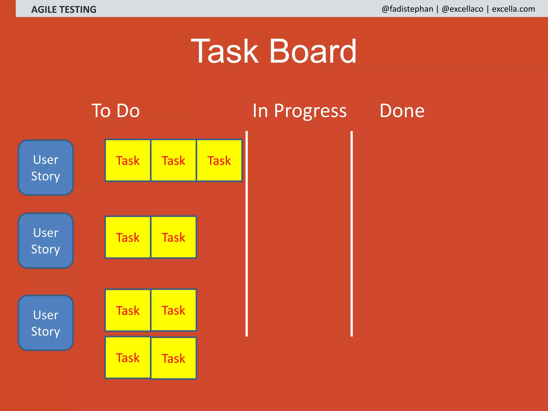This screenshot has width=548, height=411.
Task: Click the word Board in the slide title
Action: (x=313, y=51)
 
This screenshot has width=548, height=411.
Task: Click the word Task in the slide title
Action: (x=225, y=51)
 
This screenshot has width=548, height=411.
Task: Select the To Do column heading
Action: (x=116, y=111)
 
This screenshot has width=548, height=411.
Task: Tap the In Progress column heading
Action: (x=299, y=111)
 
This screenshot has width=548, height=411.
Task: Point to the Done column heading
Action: (x=402, y=111)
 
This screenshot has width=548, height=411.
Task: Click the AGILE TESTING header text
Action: (x=64, y=10)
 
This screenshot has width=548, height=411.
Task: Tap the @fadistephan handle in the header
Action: (x=407, y=9)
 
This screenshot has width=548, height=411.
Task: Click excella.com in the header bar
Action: (x=513, y=9)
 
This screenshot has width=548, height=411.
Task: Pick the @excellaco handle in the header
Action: (x=462, y=9)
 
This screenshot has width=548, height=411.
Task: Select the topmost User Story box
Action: (x=46, y=168)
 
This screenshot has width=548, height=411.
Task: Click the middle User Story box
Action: (x=46, y=241)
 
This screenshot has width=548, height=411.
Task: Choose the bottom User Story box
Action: (x=46, y=323)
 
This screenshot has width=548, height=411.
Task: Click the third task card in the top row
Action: (x=219, y=161)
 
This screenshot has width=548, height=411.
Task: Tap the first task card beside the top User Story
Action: (x=128, y=161)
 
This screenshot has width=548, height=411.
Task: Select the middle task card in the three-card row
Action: (x=173, y=161)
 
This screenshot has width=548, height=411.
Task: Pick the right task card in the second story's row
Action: (x=173, y=237)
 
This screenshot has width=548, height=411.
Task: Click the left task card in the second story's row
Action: (x=128, y=237)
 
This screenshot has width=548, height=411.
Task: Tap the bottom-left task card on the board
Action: (x=128, y=358)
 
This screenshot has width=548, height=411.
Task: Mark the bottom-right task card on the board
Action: (x=173, y=358)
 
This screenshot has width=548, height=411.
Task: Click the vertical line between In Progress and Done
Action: (x=352, y=233)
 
